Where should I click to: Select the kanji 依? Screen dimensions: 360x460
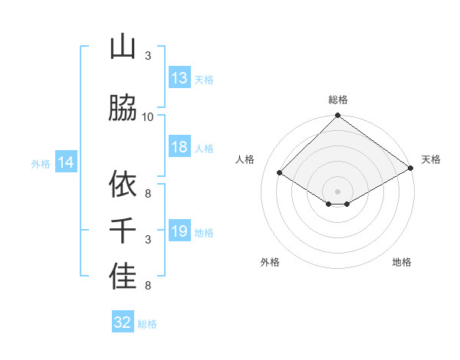[x=123, y=184]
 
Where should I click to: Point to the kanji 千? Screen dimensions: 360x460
[x=123, y=231]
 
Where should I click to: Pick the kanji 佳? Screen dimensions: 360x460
[x=123, y=277]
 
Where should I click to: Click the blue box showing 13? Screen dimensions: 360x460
[x=179, y=78]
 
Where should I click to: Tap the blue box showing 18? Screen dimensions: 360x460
[x=179, y=148]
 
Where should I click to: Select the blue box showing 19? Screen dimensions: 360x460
[x=179, y=232]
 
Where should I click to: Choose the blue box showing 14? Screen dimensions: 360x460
[x=65, y=162]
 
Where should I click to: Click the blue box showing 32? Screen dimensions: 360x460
[x=123, y=322]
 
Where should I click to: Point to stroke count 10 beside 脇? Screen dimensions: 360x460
[x=148, y=116]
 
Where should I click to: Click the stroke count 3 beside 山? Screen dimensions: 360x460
[x=148, y=56]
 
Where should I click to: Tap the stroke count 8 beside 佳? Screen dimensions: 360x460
[x=148, y=286]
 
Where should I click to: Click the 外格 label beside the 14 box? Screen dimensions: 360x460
[x=41, y=163]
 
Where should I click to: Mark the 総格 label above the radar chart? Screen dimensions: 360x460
[x=337, y=100]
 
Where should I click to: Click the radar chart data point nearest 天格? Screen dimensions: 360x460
[x=411, y=169]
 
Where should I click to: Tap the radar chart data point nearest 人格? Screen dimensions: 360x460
[x=280, y=173]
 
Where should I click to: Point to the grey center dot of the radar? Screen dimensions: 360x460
[x=337, y=190]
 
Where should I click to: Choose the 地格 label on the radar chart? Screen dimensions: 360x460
[x=402, y=262]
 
